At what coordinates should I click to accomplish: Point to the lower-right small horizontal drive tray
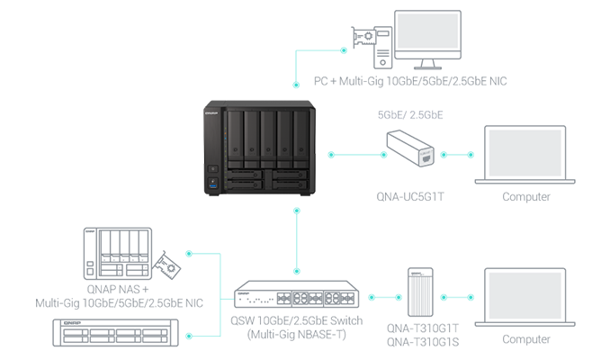(290, 185)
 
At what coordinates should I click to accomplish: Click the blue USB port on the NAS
(213, 183)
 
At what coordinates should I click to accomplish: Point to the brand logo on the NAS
(216, 114)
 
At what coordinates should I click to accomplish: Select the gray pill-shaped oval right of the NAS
(409, 112)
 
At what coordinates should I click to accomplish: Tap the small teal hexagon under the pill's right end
(457, 153)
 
